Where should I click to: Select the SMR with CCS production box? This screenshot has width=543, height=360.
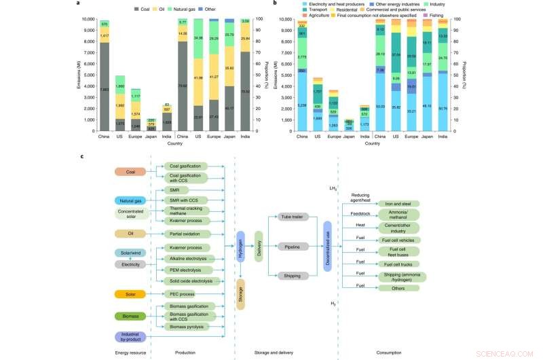click(187, 201)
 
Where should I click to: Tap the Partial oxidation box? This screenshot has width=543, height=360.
click(187, 234)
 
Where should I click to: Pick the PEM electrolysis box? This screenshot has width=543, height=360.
click(187, 270)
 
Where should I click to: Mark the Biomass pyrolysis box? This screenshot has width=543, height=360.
click(187, 327)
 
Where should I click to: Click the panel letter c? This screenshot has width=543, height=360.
click(82, 156)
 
